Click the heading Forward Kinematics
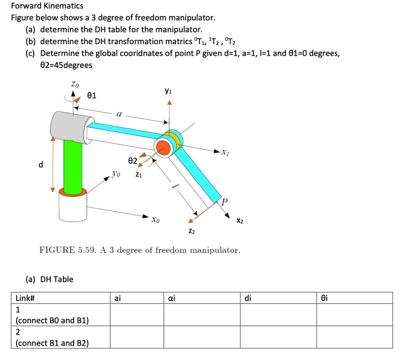pyautogui.click(x=47, y=6)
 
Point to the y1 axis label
pyautogui.click(x=168, y=91)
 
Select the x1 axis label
pyautogui.click(x=225, y=152)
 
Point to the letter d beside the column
pyautogui.click(x=40, y=164)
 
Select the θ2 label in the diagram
pyautogui.click(x=132, y=161)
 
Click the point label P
pyautogui.click(x=224, y=202)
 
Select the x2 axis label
pyautogui.click(x=239, y=220)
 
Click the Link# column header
pyautogui.click(x=25, y=298)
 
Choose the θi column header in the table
pyautogui.click(x=324, y=298)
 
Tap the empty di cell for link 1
pyautogui.click(x=278, y=315)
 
